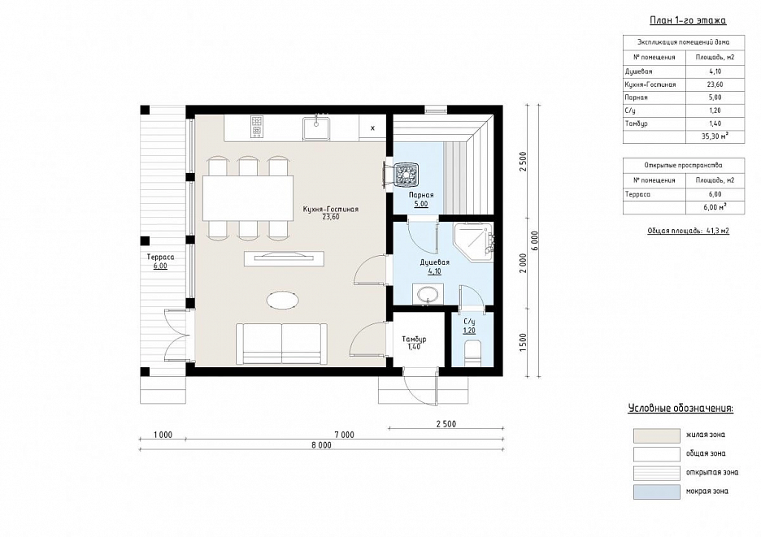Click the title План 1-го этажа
[x=688, y=20]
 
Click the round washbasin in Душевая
[x=427, y=295]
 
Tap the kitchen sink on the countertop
[x=316, y=128]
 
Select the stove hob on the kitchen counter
[x=256, y=126]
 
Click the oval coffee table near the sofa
[x=282, y=299]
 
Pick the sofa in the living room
[x=281, y=344]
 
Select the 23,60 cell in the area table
[x=715, y=84]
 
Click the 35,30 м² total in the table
[x=715, y=136]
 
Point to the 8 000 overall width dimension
[x=321, y=445]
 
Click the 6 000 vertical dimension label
[x=534, y=240]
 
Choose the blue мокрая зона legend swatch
[x=656, y=492]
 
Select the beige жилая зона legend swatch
[x=656, y=435]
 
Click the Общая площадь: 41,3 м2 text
[x=688, y=231]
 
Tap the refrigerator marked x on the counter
[x=372, y=128]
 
